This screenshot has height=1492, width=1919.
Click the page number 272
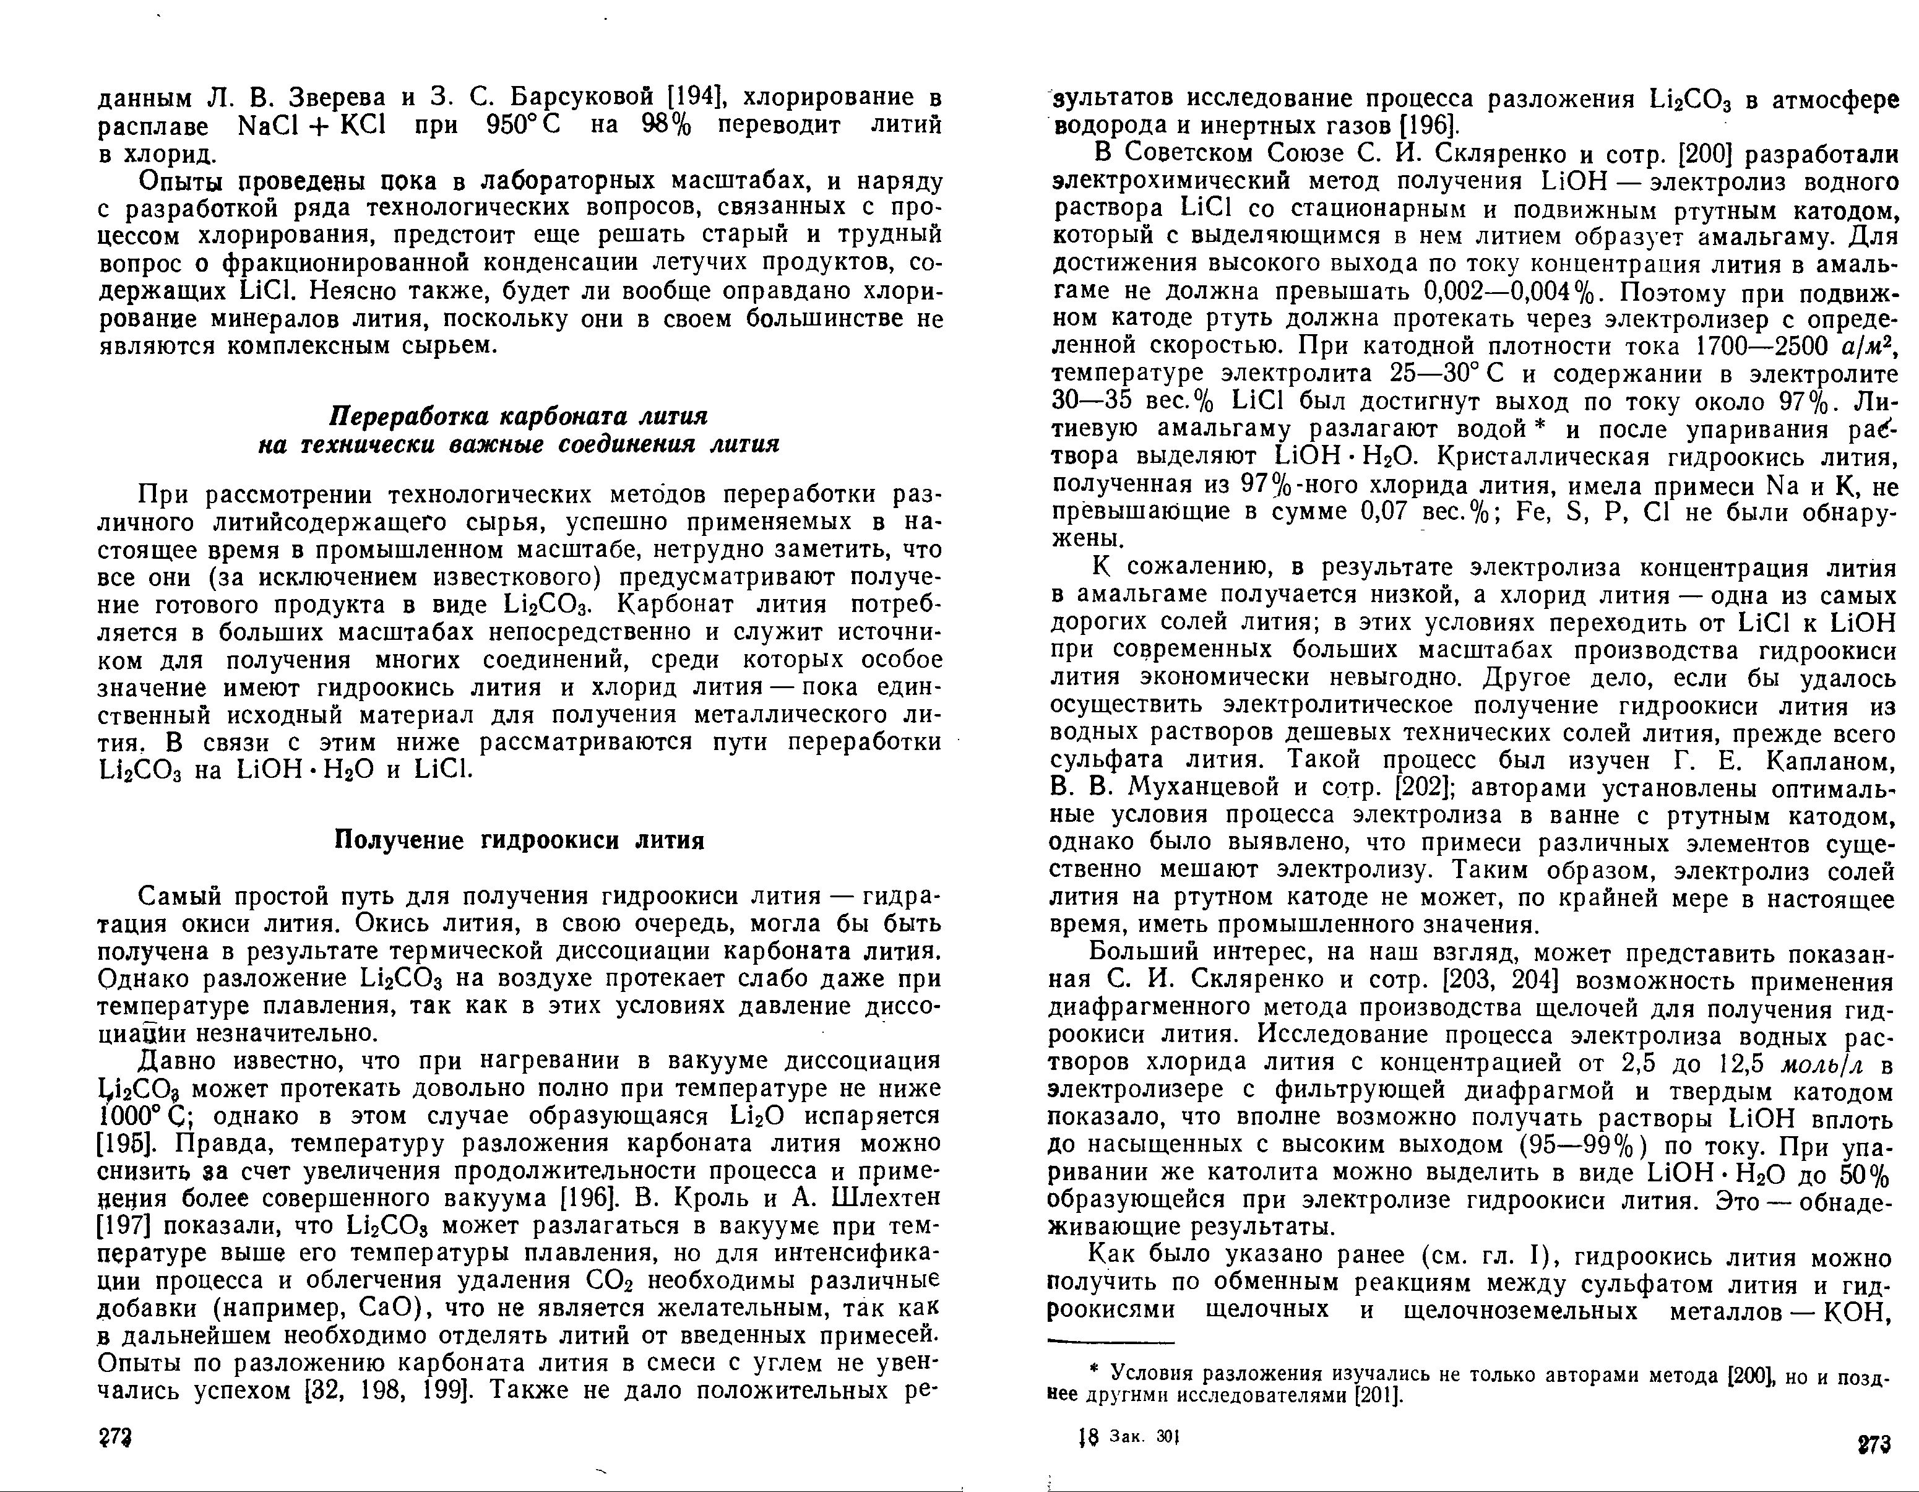(x=114, y=1438)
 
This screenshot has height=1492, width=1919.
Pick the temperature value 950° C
(x=524, y=126)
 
